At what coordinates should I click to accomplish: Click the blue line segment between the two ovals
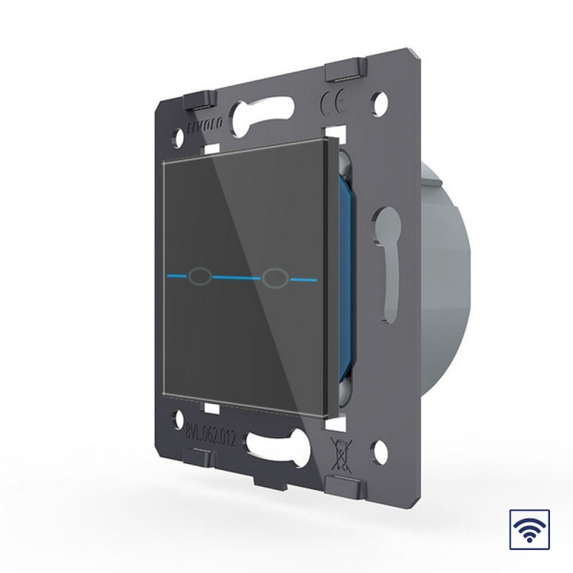click(238, 278)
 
